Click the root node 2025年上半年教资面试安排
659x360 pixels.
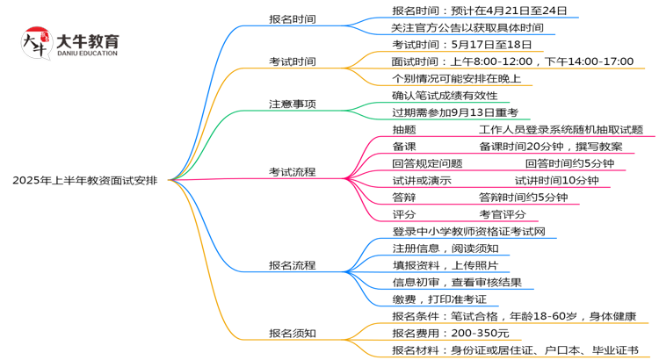pyautogui.click(x=85, y=180)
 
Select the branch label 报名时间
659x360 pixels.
pyautogui.click(x=293, y=18)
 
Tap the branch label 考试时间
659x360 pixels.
pyautogui.click(x=293, y=61)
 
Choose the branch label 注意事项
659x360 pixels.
pyautogui.click(x=293, y=104)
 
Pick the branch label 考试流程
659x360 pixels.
pyautogui.click(x=293, y=171)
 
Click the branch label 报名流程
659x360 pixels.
pyautogui.click(x=293, y=264)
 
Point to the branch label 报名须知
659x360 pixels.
pyautogui.click(x=293, y=333)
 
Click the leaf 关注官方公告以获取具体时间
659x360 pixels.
pyautogui.click(x=467, y=28)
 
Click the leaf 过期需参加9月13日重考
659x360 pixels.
pyautogui.click(x=455, y=112)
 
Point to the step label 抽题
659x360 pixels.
pyautogui.click(x=404, y=129)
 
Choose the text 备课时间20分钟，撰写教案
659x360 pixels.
pyautogui.click(x=551, y=147)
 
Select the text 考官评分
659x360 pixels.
pyautogui.click(x=503, y=214)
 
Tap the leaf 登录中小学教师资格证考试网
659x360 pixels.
pyautogui.click(x=469, y=231)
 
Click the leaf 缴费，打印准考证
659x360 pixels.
pyautogui.click(x=439, y=299)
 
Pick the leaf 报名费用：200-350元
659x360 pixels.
pyautogui.click(x=451, y=333)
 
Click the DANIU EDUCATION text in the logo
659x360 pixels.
pyautogui.click(x=88, y=54)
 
